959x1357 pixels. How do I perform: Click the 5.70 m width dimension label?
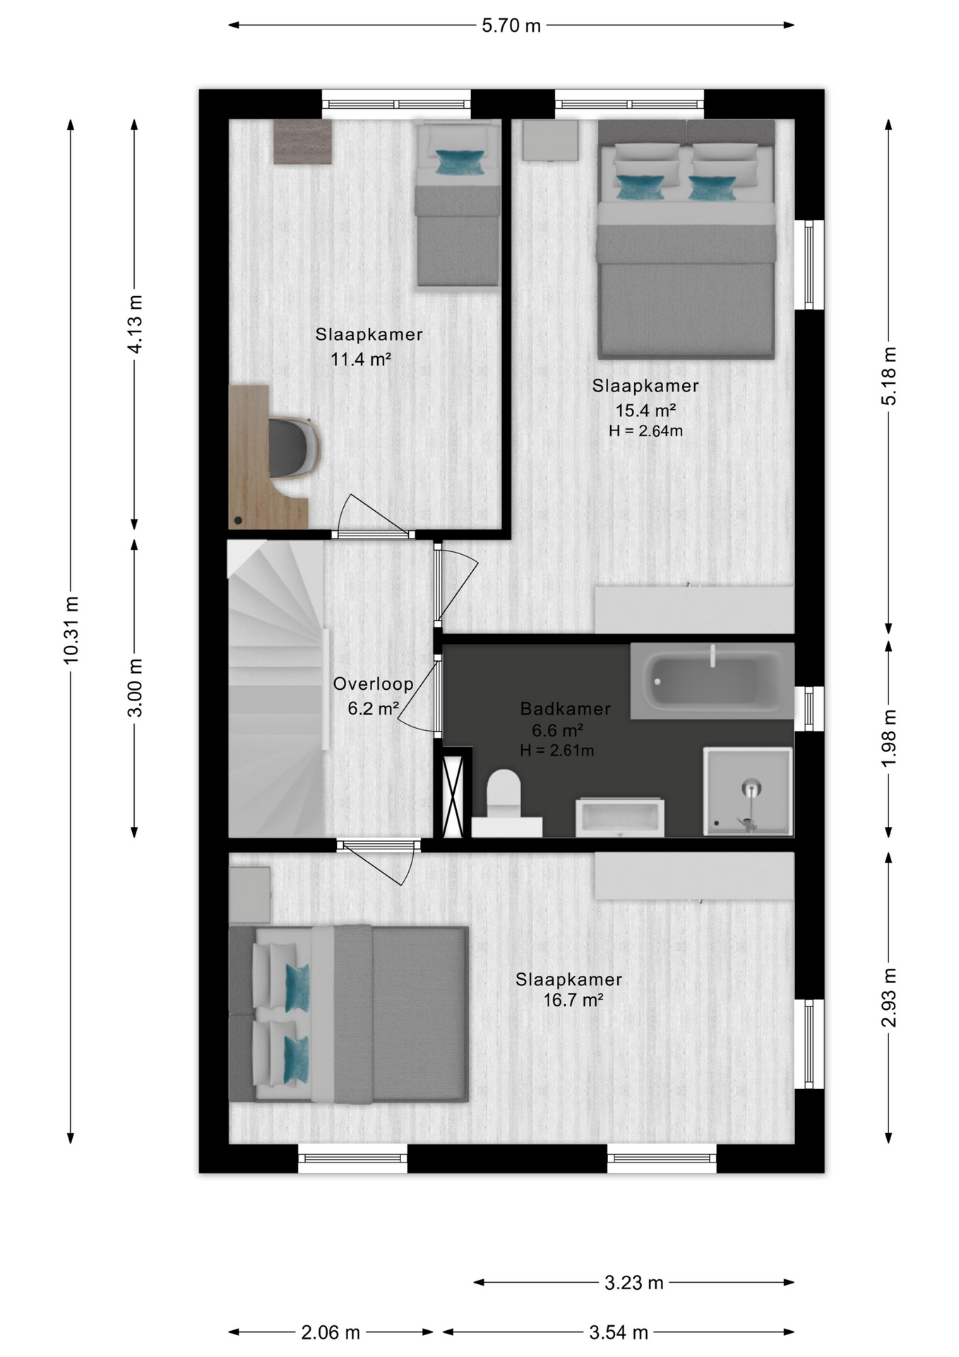pyautogui.click(x=511, y=26)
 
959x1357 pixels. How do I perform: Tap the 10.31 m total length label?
pyautogui.click(x=71, y=630)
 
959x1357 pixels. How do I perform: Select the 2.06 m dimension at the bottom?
pyautogui.click(x=330, y=1332)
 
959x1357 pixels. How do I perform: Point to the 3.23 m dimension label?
pyautogui.click(x=633, y=1282)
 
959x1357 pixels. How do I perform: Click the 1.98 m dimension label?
pyautogui.click(x=888, y=738)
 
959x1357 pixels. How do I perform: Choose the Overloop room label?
pyautogui.click(x=373, y=683)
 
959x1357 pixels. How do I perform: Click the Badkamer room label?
pyautogui.click(x=565, y=708)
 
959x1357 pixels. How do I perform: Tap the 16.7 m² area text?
pyautogui.click(x=573, y=1000)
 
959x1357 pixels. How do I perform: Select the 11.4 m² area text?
pyautogui.click(x=361, y=359)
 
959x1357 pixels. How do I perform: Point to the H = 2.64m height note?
pyautogui.click(x=645, y=430)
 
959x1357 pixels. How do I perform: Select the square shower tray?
pyautogui.click(x=748, y=791)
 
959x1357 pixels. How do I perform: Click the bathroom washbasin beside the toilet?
pyautogui.click(x=619, y=818)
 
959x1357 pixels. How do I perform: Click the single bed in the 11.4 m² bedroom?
pyautogui.click(x=457, y=204)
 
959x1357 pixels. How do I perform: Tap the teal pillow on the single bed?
pyautogui.click(x=460, y=162)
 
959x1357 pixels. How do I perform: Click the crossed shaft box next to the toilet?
pyautogui.click(x=452, y=797)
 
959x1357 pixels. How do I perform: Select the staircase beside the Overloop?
pyautogui.click(x=276, y=689)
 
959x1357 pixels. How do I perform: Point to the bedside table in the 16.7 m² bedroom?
pyautogui.click(x=250, y=895)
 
